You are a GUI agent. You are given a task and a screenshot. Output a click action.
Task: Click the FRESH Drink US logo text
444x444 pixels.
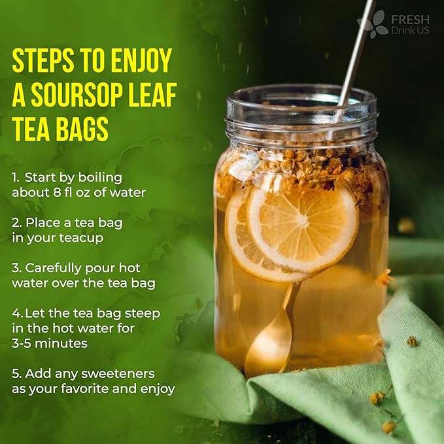[x=410, y=24]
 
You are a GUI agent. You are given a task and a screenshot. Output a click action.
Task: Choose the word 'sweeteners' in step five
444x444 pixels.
[x=122, y=373]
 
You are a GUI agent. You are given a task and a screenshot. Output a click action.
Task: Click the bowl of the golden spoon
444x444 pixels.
[x=267, y=350]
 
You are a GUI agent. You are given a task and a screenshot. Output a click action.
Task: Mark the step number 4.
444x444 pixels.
[x=16, y=313]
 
